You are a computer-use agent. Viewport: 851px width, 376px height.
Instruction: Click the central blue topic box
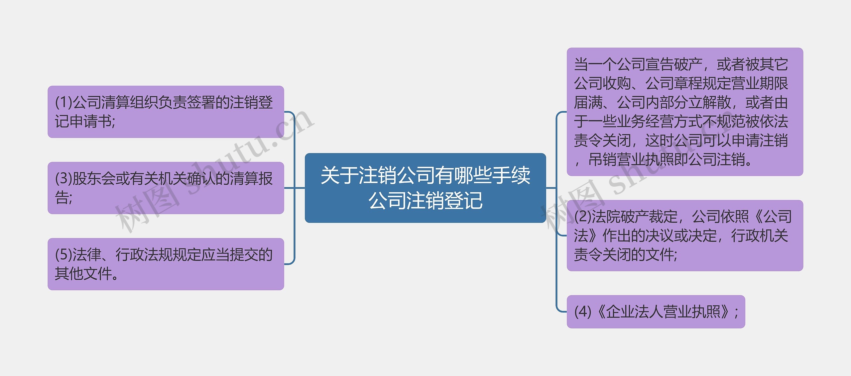[425, 188]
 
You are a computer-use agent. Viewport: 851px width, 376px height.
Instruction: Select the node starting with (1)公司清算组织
[166, 112]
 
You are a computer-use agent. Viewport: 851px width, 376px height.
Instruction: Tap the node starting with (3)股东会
[166, 188]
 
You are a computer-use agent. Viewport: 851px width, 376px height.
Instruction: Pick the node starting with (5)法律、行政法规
[166, 264]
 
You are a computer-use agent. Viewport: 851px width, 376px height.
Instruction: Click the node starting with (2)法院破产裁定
[685, 235]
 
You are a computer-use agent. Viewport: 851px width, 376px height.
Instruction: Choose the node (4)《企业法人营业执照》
[656, 312]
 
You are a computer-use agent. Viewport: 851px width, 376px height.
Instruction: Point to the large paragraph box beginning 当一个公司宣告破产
[685, 112]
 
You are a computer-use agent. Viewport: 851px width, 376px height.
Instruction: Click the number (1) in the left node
[63, 102]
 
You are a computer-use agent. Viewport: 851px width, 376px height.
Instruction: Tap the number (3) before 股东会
[63, 178]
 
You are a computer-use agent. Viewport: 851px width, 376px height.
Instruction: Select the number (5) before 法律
[63, 255]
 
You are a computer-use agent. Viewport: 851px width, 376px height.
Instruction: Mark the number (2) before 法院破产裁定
[583, 217]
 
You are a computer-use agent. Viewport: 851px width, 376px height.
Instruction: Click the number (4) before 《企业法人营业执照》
[583, 312]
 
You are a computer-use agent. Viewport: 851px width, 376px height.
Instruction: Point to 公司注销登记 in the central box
[425, 201]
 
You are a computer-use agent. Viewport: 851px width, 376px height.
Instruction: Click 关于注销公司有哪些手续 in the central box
[425, 175]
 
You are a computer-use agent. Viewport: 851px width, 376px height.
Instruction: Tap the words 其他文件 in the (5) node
[83, 274]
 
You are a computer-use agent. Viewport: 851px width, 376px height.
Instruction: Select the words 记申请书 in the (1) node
[83, 121]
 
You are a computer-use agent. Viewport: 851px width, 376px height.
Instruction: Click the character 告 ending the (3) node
[62, 198]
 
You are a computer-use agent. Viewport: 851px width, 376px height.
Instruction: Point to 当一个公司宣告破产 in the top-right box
[638, 64]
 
